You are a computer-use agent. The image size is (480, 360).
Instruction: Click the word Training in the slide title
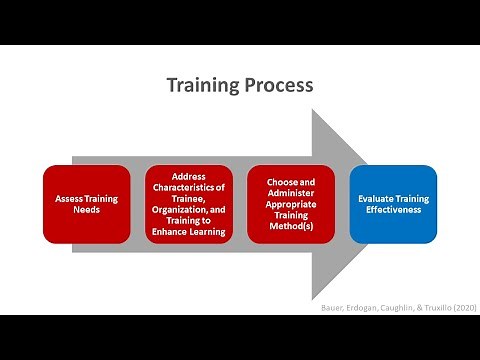[x=203, y=85]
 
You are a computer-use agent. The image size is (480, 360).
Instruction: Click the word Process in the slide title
[x=277, y=85]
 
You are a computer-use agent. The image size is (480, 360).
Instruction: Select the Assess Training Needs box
[x=87, y=204]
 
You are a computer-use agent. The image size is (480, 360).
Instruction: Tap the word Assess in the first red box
[x=69, y=198]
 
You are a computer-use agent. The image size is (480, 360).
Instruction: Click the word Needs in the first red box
[x=87, y=211]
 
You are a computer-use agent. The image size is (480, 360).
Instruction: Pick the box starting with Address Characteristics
[x=189, y=204]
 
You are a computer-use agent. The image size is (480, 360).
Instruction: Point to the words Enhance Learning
[x=189, y=232]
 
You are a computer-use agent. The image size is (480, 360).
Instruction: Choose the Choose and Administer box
[x=291, y=204]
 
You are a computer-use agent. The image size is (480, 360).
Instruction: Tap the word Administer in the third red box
[x=291, y=198]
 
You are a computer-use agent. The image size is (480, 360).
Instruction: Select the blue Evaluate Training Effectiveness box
[x=393, y=204]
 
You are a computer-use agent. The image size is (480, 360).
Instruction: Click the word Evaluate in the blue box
[x=376, y=198]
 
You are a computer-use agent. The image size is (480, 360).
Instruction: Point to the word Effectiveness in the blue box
[x=393, y=210]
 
